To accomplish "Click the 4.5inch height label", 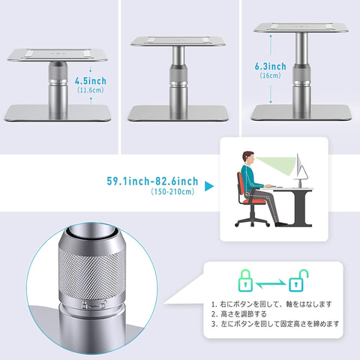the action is tap(91, 81).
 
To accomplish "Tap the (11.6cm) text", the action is tap(91, 90).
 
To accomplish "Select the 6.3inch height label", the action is tap(271, 67).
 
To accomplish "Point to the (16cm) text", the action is tap(270, 75).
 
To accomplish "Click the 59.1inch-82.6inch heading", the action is tap(152, 181).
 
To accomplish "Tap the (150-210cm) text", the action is tap(172, 192).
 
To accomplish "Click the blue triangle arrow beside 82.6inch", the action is tap(209, 186).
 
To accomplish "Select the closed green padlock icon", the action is tap(245, 280).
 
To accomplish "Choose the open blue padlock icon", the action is tap(298, 280).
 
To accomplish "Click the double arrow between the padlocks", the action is tap(271, 283).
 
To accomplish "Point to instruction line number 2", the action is tap(238, 313).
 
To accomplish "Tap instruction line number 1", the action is tap(271, 304).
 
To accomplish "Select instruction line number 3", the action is tap(275, 324).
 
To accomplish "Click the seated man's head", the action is tap(248, 157).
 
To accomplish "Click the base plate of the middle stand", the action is tap(178, 113).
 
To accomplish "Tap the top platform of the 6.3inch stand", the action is tap(301, 28).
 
